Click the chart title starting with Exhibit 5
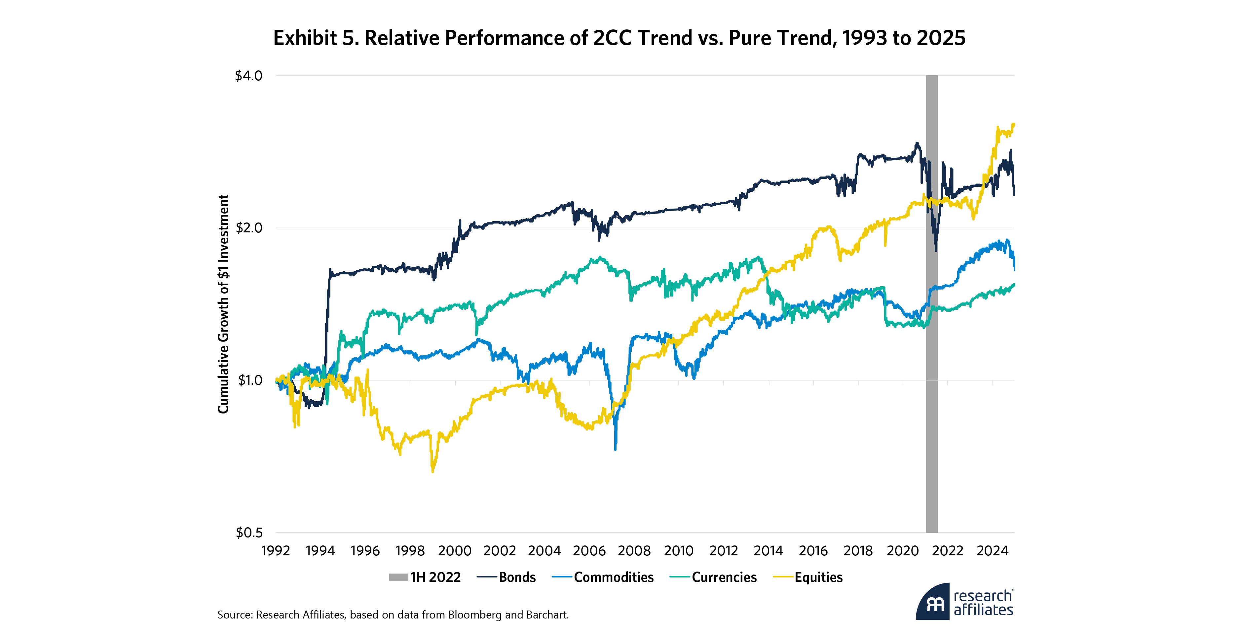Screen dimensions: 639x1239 pos(619,38)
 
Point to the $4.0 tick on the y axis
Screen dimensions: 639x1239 pos(248,76)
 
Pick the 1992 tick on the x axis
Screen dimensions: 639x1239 pos(276,550)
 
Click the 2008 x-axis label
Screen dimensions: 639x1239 pos(634,550)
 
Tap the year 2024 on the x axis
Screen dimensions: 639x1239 pos(992,550)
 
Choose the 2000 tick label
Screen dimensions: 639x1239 pos(455,550)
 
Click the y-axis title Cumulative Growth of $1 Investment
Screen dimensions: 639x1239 pos(223,304)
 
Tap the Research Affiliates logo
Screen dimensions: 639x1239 pos(964,602)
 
